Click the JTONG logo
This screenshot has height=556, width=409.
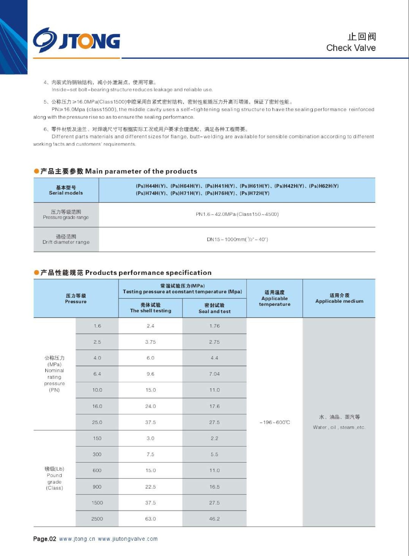pos(77,40)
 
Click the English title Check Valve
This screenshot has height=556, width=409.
pos(351,48)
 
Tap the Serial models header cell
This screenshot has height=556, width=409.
pos(66,190)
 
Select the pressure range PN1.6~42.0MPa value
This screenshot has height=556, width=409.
pos(237,214)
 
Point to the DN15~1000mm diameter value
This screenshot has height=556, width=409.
pos(237,239)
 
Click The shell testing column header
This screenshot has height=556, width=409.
pos(151,308)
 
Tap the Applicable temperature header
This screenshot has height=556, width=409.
pos(274,299)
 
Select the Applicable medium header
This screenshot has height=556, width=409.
pos(339,299)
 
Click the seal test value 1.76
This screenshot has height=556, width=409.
pos(214,326)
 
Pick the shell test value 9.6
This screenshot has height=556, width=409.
pos(151,374)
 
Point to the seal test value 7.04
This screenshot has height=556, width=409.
pos(214,374)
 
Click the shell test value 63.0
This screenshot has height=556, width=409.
pos(151,519)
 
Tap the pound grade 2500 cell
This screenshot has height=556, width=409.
pos(97,519)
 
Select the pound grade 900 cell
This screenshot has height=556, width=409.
pos(97,487)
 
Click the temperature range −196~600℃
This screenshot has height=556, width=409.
pos(274,423)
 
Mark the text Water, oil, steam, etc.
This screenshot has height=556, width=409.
pos(339,427)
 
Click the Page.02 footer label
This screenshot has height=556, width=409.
pos(44,539)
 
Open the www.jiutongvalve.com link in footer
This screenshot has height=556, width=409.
pos(128,539)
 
